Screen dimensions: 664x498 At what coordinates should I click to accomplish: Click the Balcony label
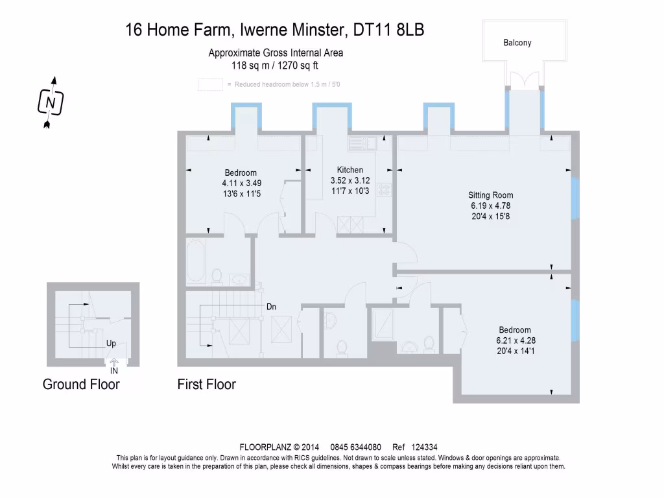(517, 43)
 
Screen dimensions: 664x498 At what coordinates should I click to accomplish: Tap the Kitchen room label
(350, 170)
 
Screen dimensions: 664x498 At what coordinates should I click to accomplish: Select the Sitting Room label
(490, 195)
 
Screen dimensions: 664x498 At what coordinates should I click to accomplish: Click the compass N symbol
(51, 102)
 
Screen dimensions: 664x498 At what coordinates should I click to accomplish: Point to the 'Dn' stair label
(272, 307)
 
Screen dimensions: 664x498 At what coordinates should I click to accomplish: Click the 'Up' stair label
(111, 343)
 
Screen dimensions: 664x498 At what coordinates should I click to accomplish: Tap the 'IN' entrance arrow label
(114, 367)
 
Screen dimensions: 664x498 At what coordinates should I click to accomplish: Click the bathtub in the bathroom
(196, 261)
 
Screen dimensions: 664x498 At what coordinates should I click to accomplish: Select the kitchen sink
(362, 143)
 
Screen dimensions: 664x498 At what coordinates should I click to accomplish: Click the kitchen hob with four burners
(384, 190)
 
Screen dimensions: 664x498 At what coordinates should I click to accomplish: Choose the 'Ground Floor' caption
(81, 385)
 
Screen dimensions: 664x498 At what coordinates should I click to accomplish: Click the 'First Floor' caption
(207, 385)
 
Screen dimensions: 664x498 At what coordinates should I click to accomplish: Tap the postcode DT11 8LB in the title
(388, 30)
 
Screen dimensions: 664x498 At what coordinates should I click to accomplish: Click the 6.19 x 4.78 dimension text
(490, 206)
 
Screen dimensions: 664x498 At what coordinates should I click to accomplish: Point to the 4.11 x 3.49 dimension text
(242, 184)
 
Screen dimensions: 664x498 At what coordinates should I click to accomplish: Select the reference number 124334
(424, 447)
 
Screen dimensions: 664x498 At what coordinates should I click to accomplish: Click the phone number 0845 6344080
(356, 447)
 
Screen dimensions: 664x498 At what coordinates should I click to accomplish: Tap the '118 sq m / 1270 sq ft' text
(275, 65)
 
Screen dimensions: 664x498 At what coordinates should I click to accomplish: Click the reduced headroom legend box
(211, 85)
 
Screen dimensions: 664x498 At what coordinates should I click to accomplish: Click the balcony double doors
(525, 80)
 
